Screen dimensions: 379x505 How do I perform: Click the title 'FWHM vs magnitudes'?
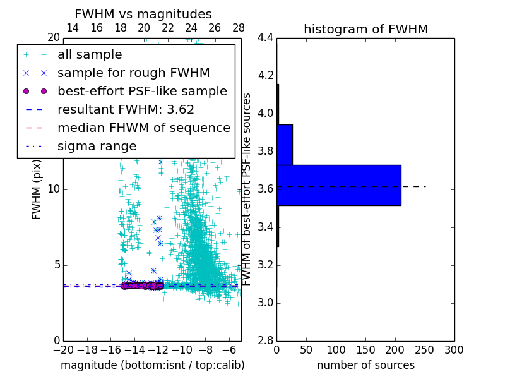click(x=143, y=15)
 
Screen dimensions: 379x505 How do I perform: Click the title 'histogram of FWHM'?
click(x=365, y=29)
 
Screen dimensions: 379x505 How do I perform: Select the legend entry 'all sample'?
click(x=90, y=55)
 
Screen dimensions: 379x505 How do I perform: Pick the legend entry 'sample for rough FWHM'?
click(x=133, y=73)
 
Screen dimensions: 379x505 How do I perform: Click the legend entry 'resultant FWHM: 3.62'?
click(x=126, y=109)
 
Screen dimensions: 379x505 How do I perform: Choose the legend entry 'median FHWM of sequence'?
click(x=143, y=128)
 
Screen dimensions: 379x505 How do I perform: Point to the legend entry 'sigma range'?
click(x=97, y=146)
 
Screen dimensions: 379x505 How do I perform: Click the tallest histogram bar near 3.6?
click(x=338, y=185)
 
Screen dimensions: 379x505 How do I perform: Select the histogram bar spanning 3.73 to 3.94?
click(x=285, y=145)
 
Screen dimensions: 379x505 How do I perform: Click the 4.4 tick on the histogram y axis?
click(x=266, y=38)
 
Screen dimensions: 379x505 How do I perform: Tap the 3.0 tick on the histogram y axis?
click(x=266, y=303)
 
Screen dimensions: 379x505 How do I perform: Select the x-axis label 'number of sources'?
click(x=365, y=365)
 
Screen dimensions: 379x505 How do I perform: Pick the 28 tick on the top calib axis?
click(x=239, y=28)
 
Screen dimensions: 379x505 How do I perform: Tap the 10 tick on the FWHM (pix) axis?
click(x=54, y=189)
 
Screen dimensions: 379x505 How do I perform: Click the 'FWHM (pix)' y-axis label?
click(x=37, y=195)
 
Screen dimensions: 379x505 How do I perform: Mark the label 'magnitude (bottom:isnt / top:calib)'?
click(x=152, y=365)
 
